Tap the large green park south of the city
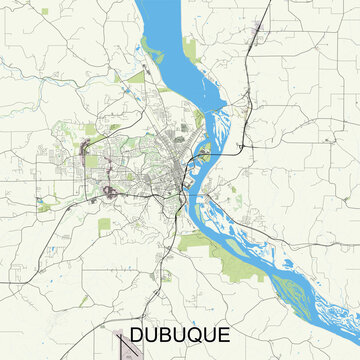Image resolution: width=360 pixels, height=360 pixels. point(196,241)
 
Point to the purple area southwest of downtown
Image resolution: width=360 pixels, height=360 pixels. point(106,188)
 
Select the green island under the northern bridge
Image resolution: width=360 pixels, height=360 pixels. point(205,154)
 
